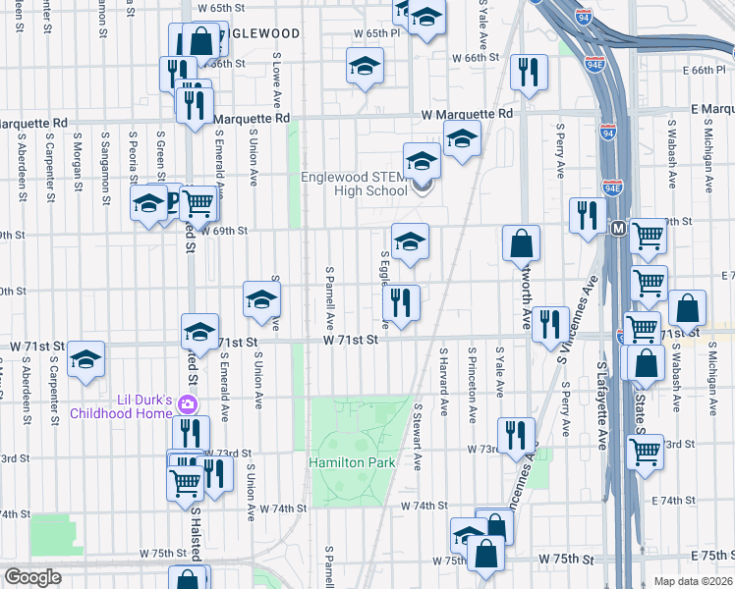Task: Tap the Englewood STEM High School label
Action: point(354,185)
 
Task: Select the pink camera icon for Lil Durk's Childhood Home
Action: point(188,404)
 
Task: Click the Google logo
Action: point(32,577)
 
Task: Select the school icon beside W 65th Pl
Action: point(365,66)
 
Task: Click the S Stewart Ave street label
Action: point(418,433)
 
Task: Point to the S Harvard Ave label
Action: point(445,372)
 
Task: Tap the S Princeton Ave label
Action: point(473,372)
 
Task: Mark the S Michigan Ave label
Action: point(707,156)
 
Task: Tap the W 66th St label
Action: point(476,58)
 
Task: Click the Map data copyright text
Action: point(691,581)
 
